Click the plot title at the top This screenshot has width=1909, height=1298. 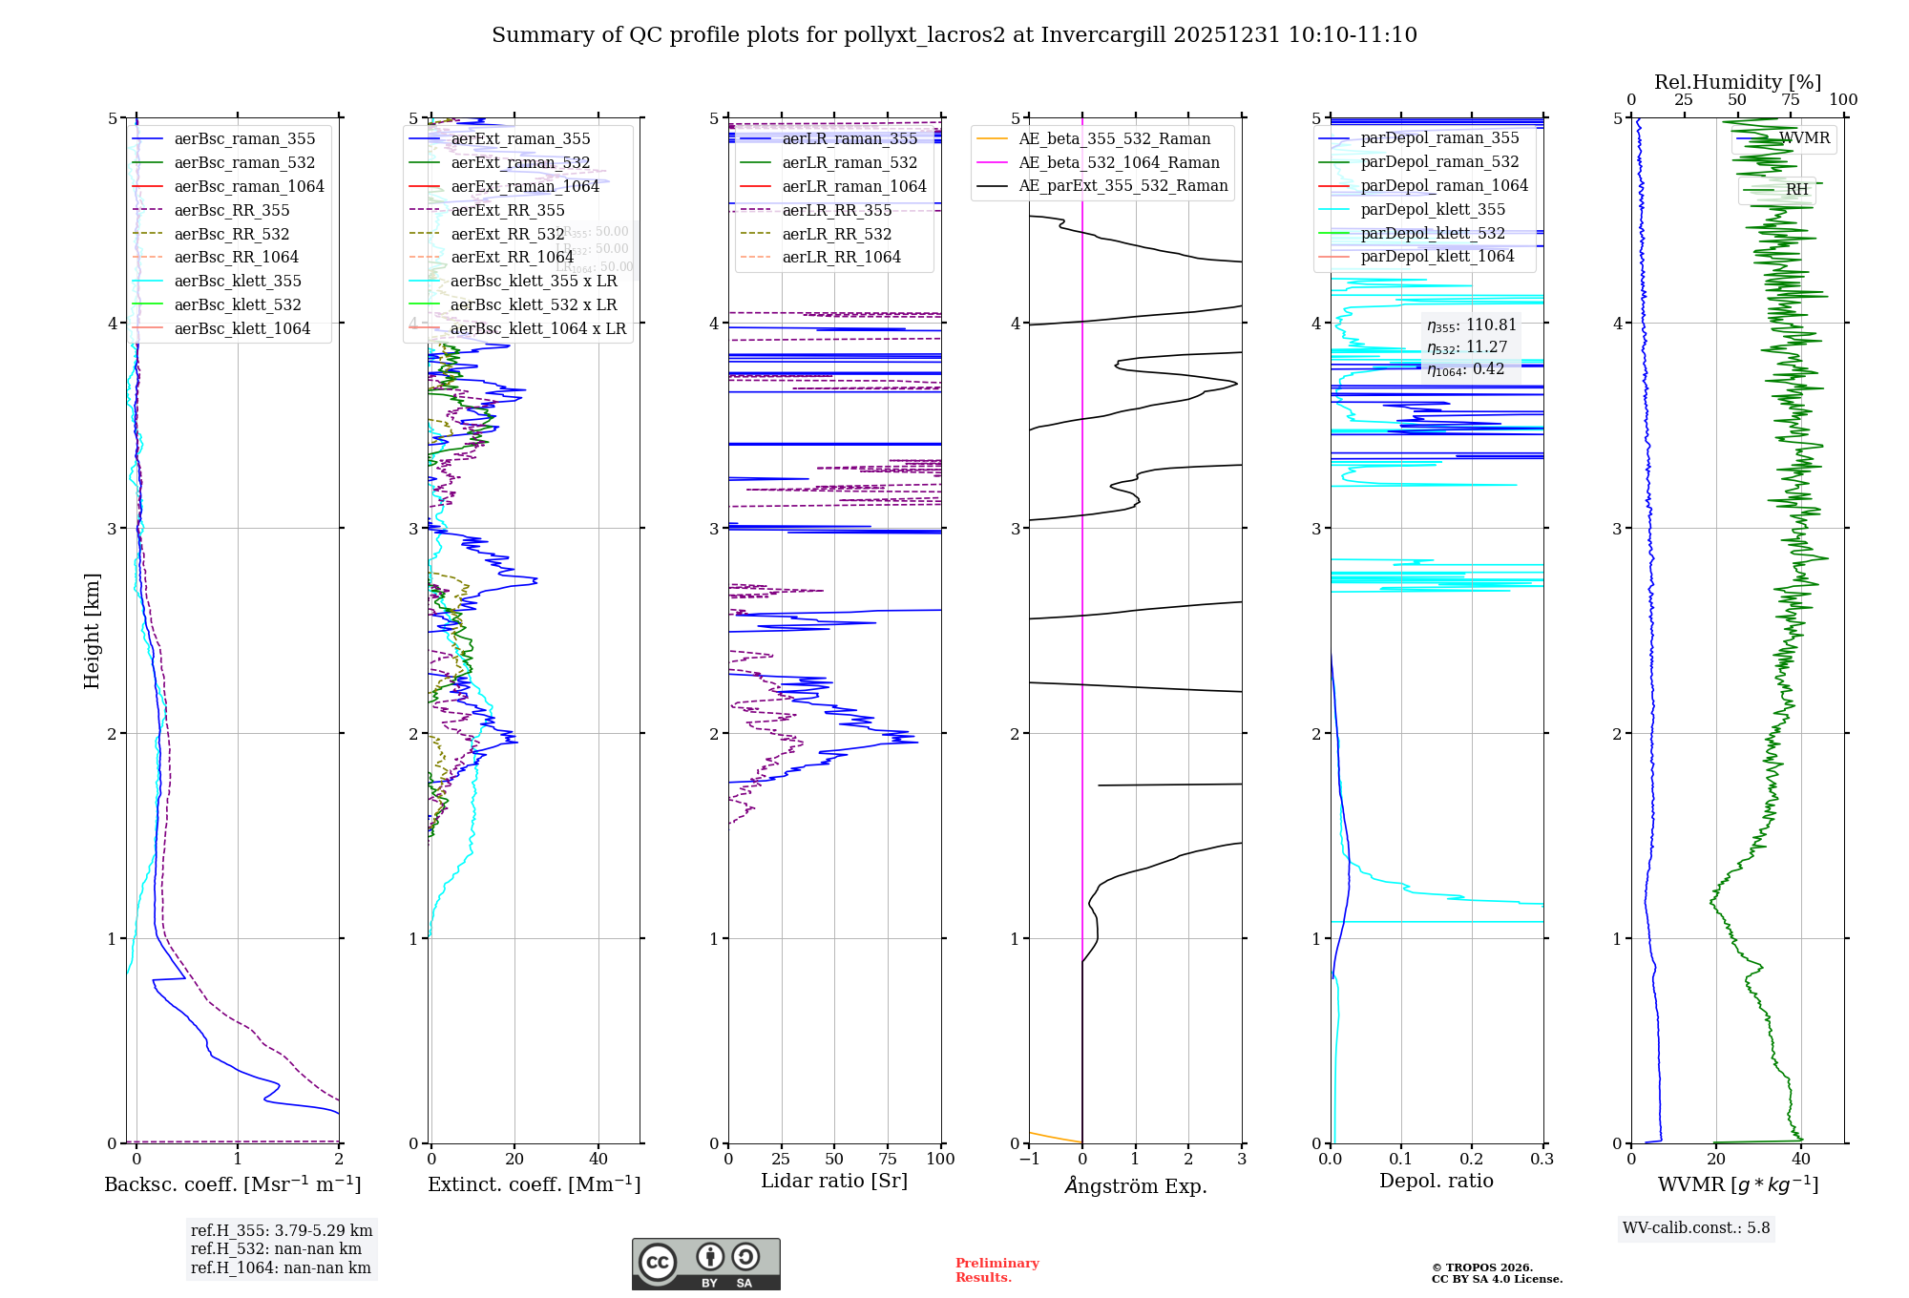pos(954,35)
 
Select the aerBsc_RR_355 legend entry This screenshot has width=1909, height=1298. pos(231,210)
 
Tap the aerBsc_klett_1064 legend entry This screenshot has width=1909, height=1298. pos(241,328)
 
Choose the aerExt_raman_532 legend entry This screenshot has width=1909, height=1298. pos(520,162)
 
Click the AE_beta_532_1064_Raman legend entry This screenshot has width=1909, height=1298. pos(1119,162)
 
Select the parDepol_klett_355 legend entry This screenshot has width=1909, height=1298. pos(1432,209)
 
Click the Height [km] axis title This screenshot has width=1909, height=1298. pos(92,631)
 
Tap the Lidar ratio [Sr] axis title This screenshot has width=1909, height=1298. pos(833,1181)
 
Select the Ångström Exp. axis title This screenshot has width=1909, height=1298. pos(1135,1185)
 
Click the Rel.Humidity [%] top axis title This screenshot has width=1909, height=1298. pos(1737,82)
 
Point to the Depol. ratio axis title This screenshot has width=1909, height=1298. pos(1436,1181)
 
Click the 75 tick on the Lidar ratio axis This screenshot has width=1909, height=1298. pos(888,1159)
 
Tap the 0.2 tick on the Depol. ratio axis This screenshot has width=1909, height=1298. pos(1472,1159)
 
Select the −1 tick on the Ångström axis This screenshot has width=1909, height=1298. pos(1029,1159)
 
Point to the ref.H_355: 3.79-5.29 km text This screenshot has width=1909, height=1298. pos(282,1230)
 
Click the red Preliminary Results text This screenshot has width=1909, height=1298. pos(996,1269)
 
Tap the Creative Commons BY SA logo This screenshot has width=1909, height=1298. pos(705,1264)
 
